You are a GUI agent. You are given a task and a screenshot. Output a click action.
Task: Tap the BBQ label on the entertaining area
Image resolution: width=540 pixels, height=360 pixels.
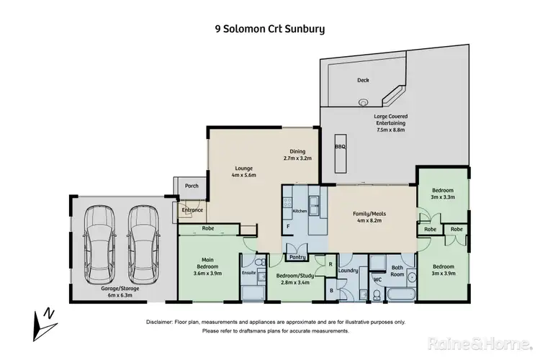(341, 146)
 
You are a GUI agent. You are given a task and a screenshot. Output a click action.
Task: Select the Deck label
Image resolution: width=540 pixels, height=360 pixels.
(363, 81)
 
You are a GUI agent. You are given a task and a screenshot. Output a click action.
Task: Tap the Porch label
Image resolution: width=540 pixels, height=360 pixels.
(192, 186)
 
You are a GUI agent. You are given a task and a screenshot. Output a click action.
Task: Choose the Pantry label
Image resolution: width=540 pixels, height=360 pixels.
(297, 257)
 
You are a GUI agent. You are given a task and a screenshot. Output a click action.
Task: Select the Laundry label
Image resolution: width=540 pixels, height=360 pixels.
(348, 271)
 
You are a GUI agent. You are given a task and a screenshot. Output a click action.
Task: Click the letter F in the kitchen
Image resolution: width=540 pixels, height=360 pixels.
(289, 226)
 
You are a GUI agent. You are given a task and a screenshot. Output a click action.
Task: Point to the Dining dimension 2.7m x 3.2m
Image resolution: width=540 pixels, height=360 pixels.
(297, 158)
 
